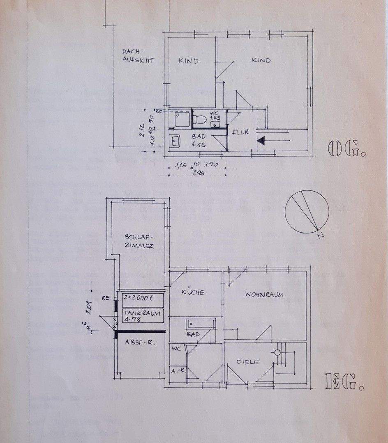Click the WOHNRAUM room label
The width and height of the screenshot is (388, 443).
tap(264, 295)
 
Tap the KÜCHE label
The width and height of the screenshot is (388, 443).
tap(193, 292)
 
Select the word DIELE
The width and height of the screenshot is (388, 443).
tap(248, 362)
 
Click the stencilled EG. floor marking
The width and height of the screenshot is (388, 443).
tap(344, 381)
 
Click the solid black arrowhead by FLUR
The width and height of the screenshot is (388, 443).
tap(261, 140)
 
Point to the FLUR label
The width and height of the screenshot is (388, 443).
tap(240, 132)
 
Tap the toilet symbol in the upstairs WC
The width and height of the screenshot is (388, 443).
tap(201, 119)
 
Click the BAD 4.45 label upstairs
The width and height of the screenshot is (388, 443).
tap(199, 140)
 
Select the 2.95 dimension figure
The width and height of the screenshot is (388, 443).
tap(199, 172)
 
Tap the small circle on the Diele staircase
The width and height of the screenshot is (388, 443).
tap(278, 352)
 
